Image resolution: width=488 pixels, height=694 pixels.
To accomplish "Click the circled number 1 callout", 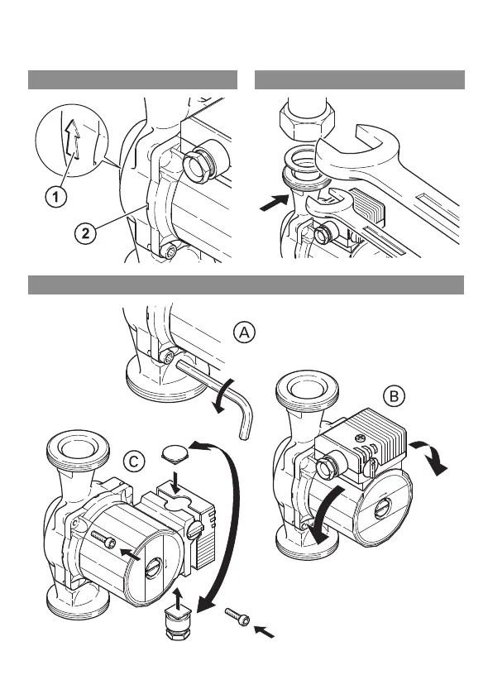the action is tap(55, 196).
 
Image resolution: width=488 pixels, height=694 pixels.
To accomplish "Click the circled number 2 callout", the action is tap(85, 232).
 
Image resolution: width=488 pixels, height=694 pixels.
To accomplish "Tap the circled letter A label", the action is tap(244, 332).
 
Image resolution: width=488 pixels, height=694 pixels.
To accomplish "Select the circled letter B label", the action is tap(394, 396).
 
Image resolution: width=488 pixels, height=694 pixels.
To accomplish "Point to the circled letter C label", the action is tap(133, 462).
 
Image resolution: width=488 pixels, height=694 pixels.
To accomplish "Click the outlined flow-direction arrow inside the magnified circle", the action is tap(73, 140).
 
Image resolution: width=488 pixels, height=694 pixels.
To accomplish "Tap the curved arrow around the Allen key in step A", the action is tap(223, 395).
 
